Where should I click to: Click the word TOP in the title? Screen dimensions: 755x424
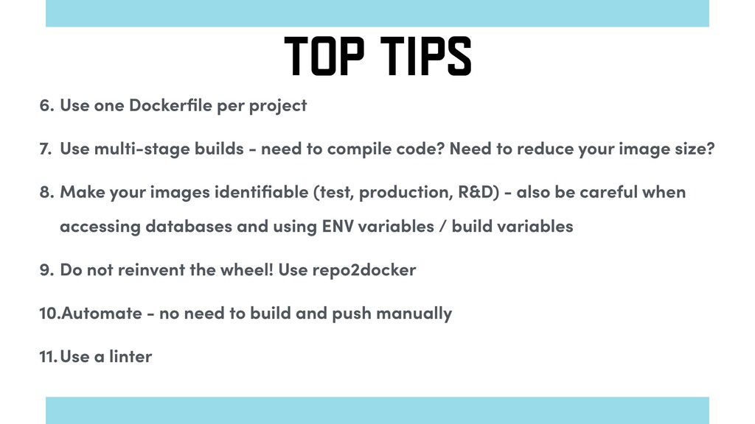coord(324,56)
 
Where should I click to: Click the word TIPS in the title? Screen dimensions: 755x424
coord(425,56)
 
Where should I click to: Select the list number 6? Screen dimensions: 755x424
coord(46,105)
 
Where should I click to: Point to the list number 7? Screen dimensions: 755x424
coord(45,149)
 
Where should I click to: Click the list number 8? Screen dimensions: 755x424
coord(46,192)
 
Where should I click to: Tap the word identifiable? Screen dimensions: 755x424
coord(262,192)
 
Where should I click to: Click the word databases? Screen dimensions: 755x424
coord(189,226)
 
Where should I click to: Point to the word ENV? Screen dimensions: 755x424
coord(338,226)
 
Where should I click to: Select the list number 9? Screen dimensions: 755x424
coord(46,270)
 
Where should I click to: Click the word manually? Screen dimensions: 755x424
coord(414,314)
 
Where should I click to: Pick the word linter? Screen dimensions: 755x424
coord(131,356)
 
